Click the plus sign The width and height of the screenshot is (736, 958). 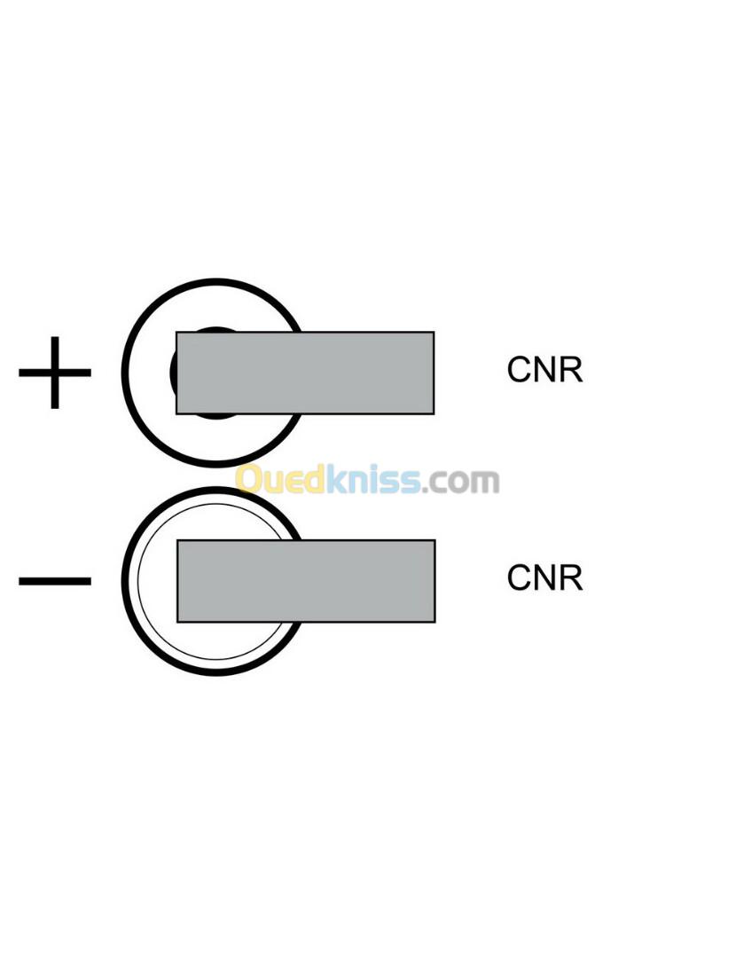coord(55,373)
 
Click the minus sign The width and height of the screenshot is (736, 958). coord(55,582)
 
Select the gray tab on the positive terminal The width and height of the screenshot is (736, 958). coord(305,373)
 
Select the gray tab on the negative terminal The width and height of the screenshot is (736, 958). coord(306,581)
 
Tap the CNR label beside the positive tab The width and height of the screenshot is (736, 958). coord(544,371)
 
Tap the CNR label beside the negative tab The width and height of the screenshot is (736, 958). coord(544,578)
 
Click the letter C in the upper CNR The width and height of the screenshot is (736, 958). coord(519,371)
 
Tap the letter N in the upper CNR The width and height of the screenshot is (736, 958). coord(544,371)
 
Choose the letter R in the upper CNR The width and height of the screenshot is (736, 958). coord(571,371)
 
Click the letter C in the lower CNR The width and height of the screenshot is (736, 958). coord(519,578)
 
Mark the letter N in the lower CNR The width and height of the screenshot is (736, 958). coord(544,578)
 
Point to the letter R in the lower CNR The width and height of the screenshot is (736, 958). coord(571,578)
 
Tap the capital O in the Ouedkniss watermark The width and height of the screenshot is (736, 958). coord(251,480)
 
